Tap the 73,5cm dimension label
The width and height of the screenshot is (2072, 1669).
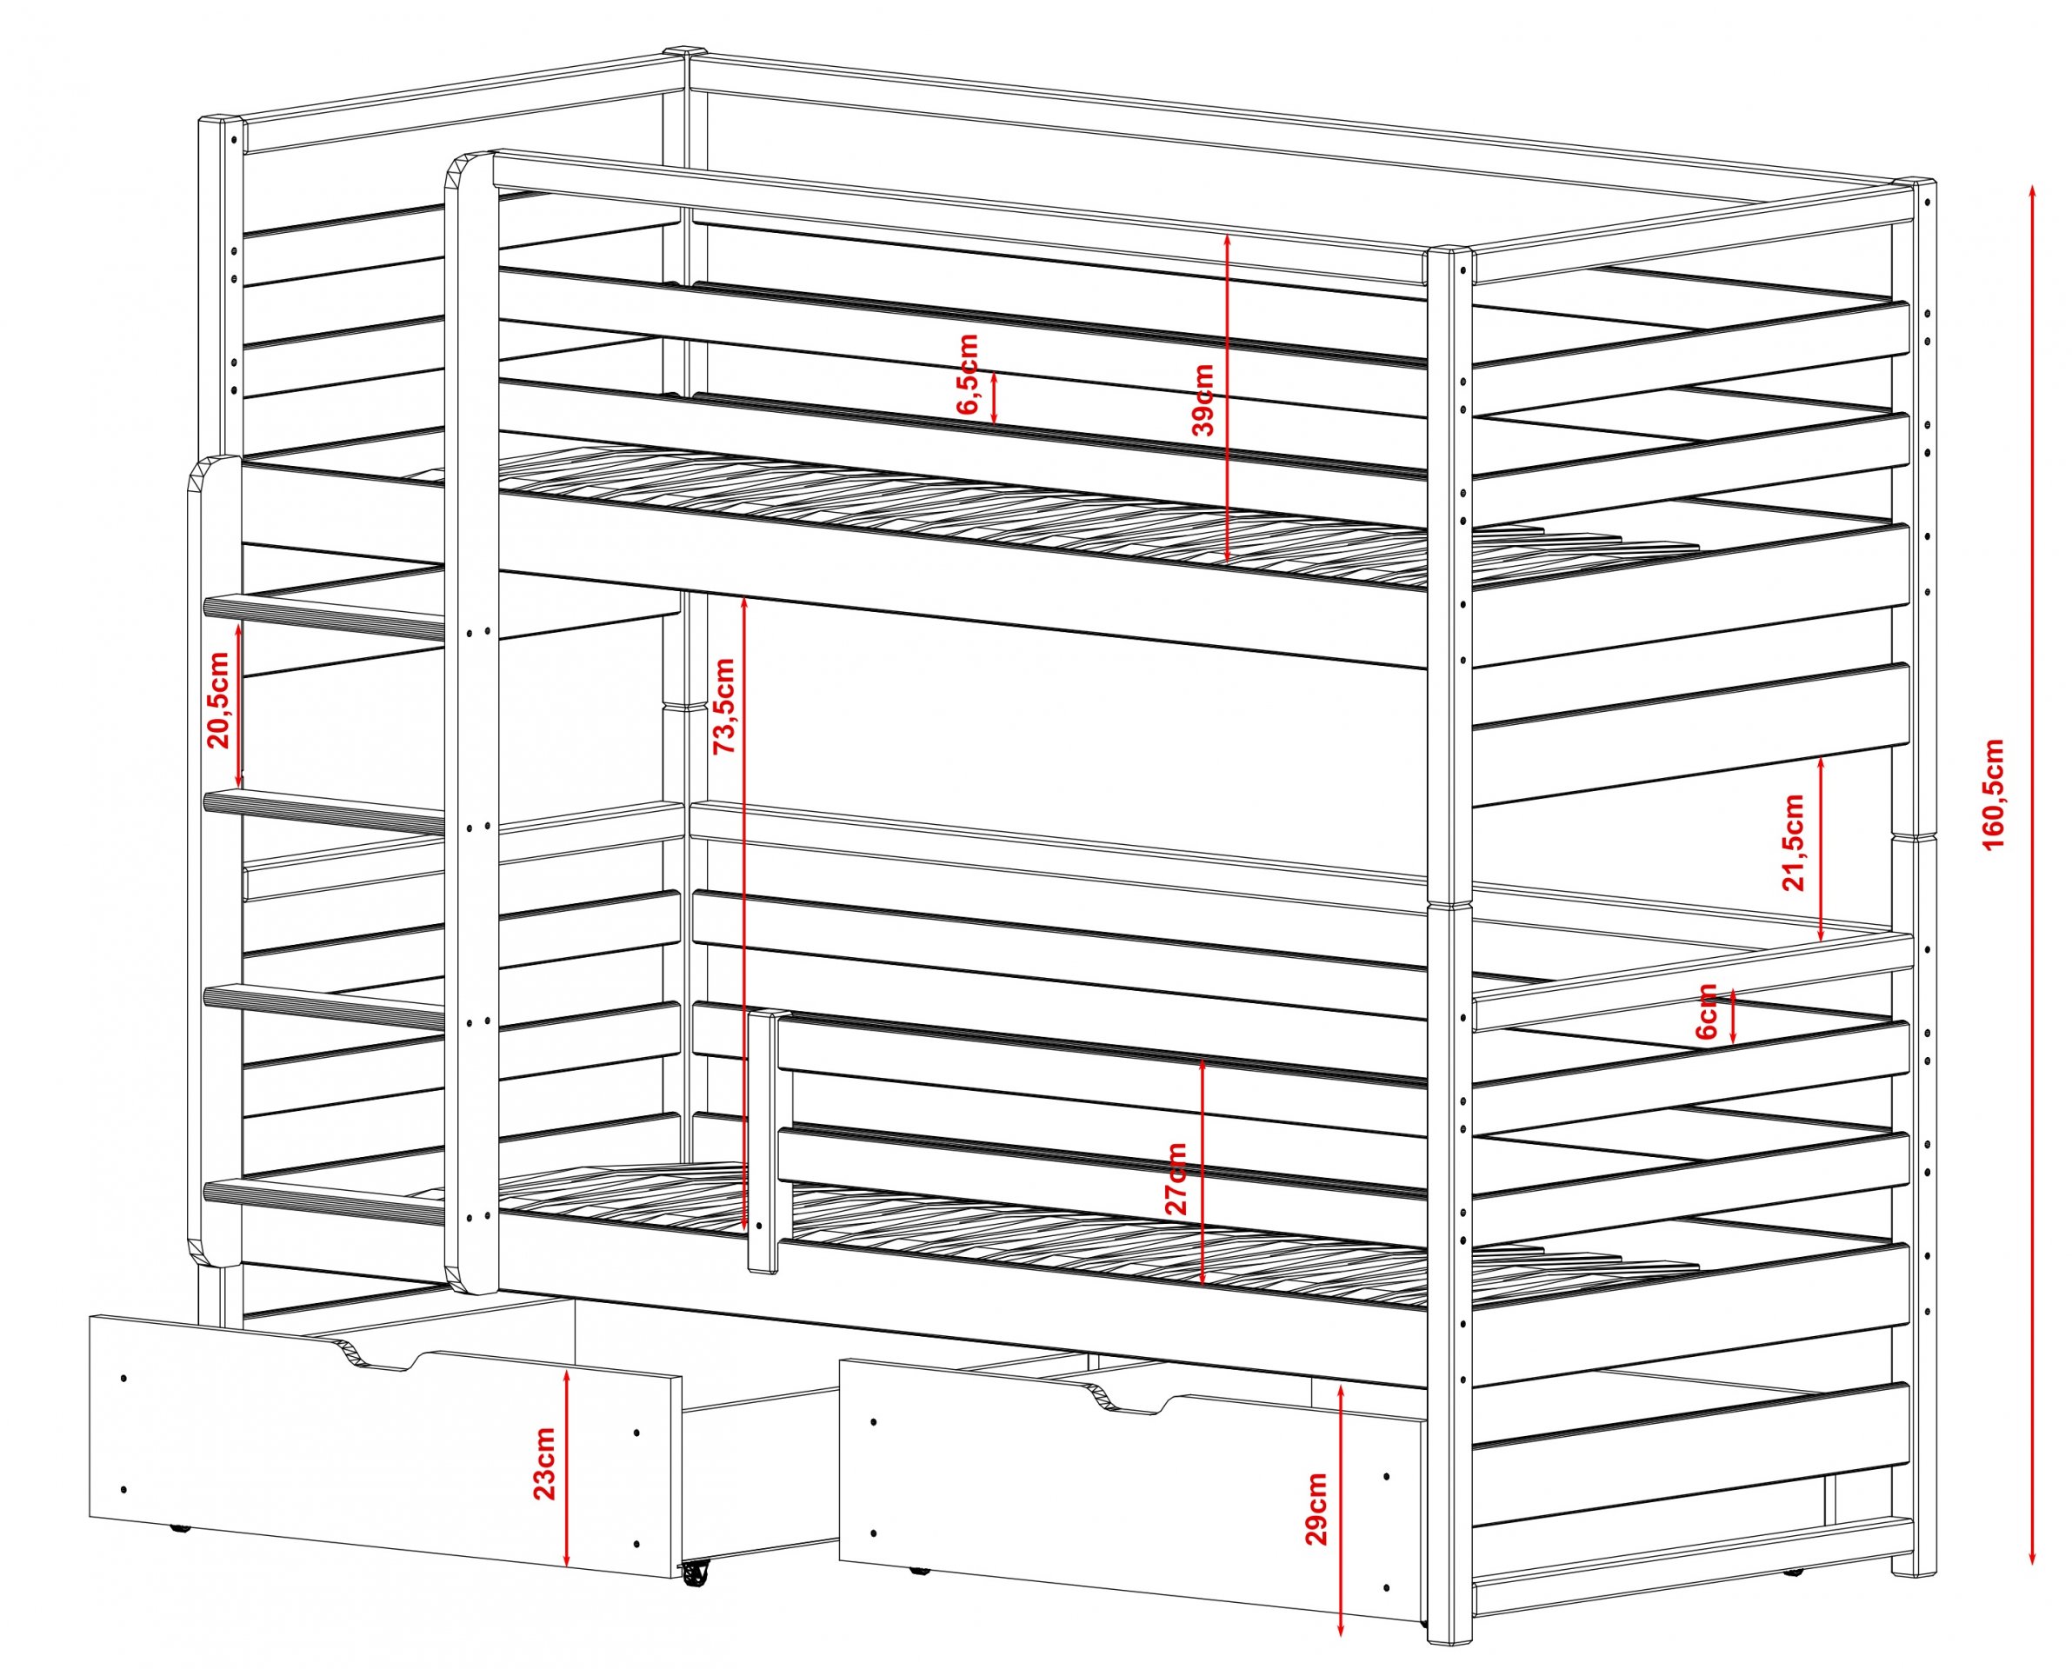723,706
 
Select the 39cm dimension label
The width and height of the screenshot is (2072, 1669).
1202,399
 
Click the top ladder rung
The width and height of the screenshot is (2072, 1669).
324,616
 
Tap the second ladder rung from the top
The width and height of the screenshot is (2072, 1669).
324,810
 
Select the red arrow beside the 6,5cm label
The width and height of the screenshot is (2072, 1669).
994,397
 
